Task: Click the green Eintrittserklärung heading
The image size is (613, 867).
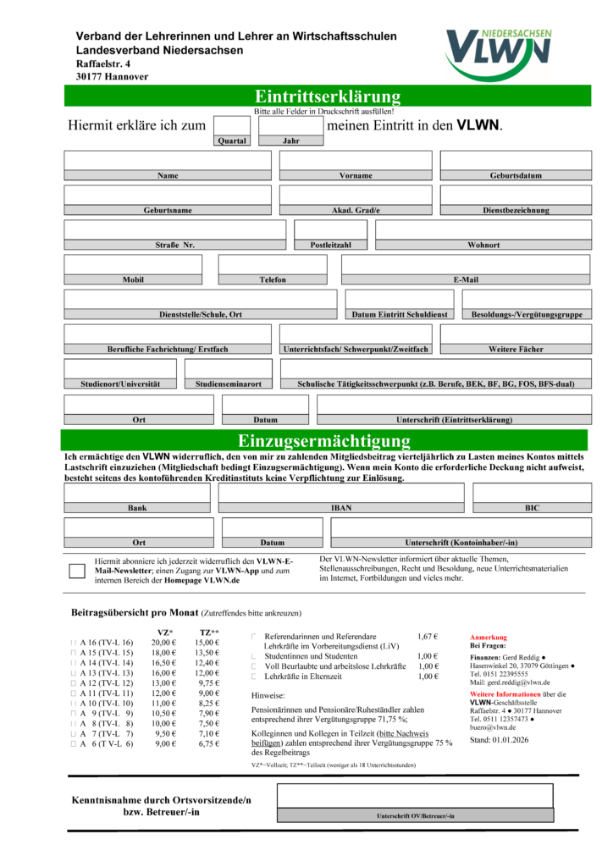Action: tap(328, 96)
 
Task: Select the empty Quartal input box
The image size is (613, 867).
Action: tap(231, 125)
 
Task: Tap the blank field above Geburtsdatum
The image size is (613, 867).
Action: tap(515, 160)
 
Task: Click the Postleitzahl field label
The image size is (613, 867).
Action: tap(331, 246)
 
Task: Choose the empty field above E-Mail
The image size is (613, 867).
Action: tap(465, 264)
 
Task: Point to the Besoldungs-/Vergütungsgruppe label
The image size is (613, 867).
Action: tap(527, 315)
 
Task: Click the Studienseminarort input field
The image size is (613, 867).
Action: tap(228, 368)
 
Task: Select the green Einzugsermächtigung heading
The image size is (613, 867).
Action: tap(323, 440)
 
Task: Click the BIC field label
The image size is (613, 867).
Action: tap(532, 509)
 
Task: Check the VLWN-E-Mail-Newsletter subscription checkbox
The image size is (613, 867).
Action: tap(77, 571)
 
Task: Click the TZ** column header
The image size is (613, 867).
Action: tap(209, 632)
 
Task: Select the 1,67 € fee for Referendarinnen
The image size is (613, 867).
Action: tap(428, 636)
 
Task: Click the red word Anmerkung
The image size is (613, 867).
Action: tap(488, 637)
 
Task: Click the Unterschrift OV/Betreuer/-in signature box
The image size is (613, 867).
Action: tap(415, 798)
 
